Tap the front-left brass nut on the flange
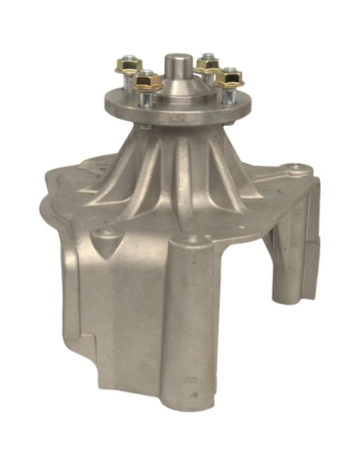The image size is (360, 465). [x=148, y=80]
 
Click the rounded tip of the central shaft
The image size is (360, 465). [x=176, y=61]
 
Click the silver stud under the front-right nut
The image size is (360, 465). [x=228, y=95]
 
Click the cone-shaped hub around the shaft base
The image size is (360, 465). [x=177, y=89]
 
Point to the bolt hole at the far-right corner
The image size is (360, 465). [x=296, y=168]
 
